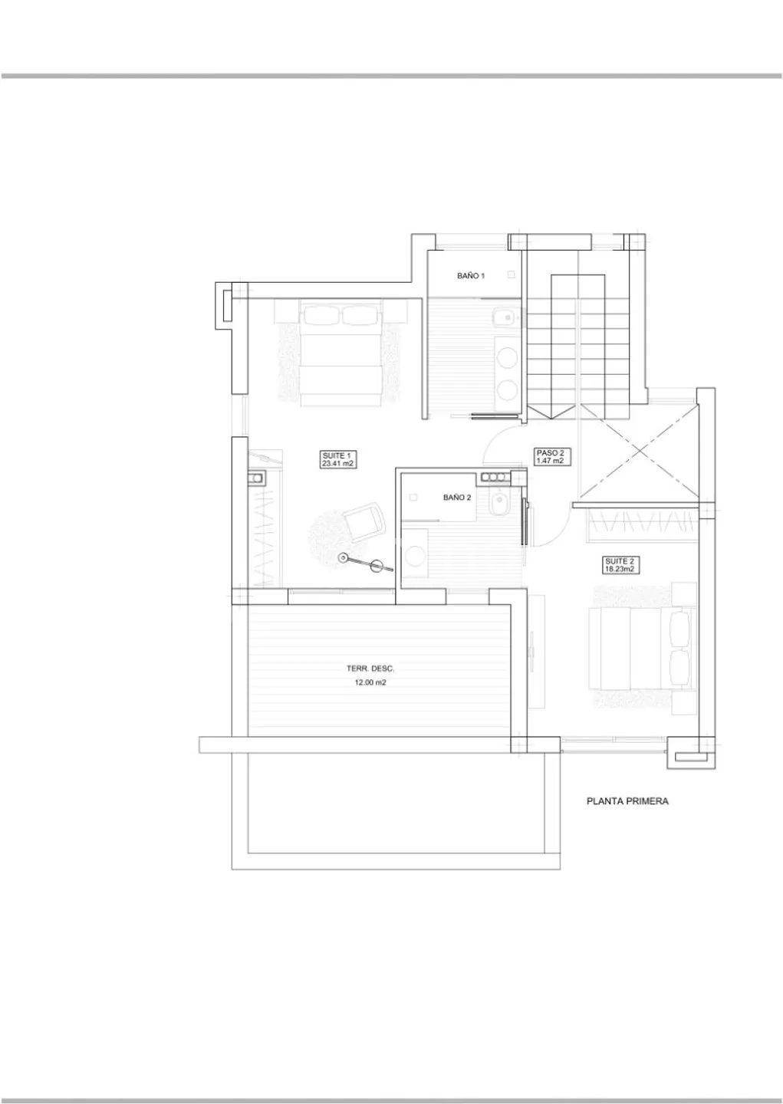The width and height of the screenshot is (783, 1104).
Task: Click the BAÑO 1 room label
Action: pos(470,276)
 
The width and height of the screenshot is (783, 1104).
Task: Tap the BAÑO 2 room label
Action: pos(456,498)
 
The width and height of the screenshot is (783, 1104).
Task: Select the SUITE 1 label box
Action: pos(337,459)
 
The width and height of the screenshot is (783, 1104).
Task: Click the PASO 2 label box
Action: pos(553,457)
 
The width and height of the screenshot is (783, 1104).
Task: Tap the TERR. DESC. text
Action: pos(370,669)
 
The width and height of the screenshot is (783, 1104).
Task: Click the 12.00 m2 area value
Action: pos(370,682)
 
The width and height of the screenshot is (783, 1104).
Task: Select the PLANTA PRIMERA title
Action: pos(627,801)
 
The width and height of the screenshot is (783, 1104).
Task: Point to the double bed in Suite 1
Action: pos(342,353)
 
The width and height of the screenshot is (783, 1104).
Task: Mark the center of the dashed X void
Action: pos(640,451)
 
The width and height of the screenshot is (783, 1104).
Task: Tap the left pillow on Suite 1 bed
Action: pos(322,314)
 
